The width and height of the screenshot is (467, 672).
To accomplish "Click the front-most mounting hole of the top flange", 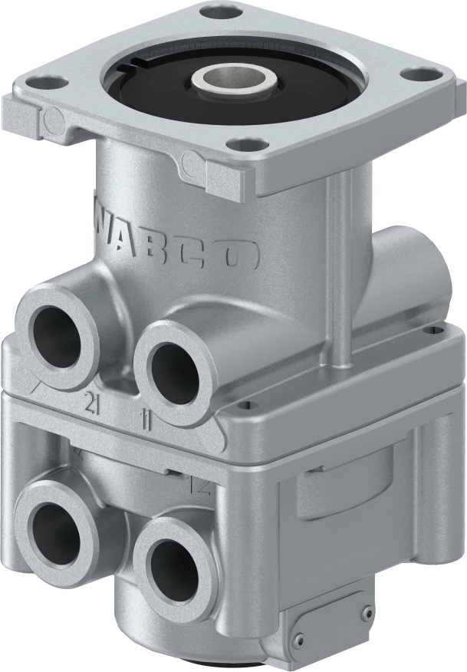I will pos(243,143).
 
